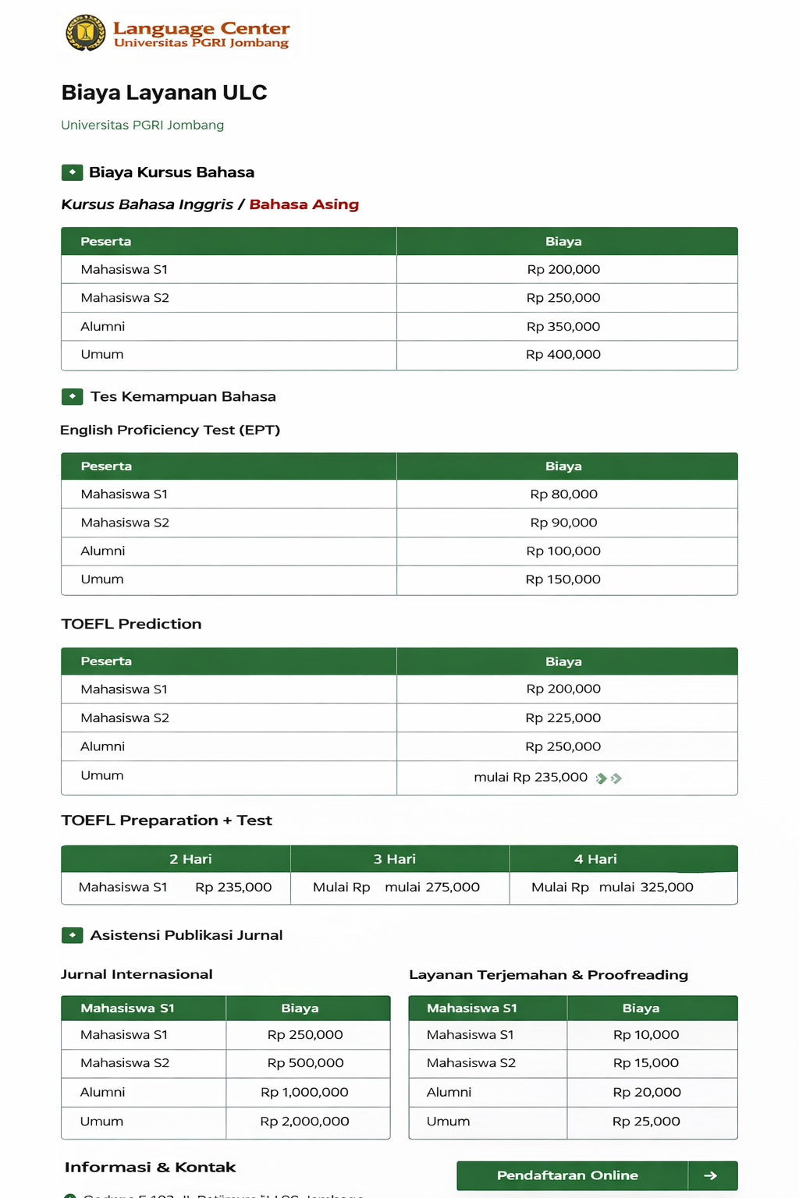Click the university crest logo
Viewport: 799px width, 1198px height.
(85, 33)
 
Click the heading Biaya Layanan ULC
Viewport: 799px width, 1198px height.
(164, 92)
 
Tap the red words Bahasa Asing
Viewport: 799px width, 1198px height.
(304, 204)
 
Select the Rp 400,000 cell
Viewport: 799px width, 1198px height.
(563, 354)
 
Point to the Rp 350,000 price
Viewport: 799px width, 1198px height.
(563, 326)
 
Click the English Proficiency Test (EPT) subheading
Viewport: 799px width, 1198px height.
(170, 430)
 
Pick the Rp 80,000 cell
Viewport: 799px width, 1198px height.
(563, 494)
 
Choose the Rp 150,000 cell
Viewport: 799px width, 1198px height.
(563, 579)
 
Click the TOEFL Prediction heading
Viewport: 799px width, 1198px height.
(131, 624)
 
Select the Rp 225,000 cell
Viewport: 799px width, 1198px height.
(563, 718)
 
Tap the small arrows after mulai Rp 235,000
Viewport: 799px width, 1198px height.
(609, 778)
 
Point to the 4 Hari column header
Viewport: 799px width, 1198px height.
(595, 859)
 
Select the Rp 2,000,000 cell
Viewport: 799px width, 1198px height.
(304, 1121)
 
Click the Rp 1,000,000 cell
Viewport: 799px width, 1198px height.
(304, 1092)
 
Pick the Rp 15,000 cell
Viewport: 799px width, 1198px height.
(645, 1062)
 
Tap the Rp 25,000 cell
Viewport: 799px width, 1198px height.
(645, 1121)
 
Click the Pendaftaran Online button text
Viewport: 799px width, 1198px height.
(567, 1175)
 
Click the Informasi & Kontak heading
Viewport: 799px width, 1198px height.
(150, 1167)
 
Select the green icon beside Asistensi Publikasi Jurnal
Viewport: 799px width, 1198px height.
(72, 934)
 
